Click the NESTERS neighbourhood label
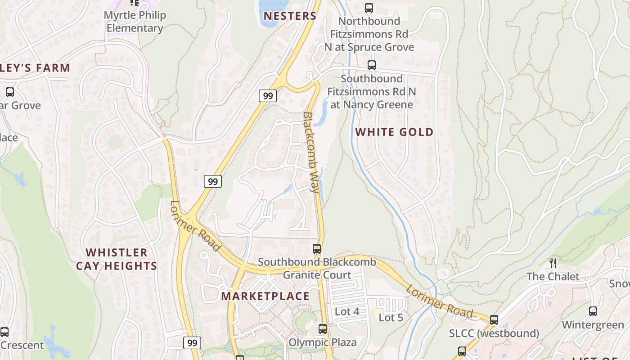(290, 16)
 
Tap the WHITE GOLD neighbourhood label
(394, 132)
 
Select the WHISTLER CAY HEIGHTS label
(117, 259)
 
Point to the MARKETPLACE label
(265, 296)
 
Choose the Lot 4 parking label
(347, 311)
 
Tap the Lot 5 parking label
(391, 318)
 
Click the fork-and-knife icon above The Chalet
(553, 263)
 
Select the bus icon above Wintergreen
(593, 311)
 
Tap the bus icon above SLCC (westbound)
(494, 320)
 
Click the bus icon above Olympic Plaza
(323, 329)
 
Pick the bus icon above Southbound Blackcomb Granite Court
(317, 249)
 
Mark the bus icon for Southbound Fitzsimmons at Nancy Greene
(372, 65)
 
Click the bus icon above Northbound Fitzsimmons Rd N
(369, 8)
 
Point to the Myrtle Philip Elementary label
(135, 22)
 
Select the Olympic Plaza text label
(322, 342)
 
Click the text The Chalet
(553, 276)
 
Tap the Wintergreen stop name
(593, 325)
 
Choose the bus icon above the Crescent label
(4, 332)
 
